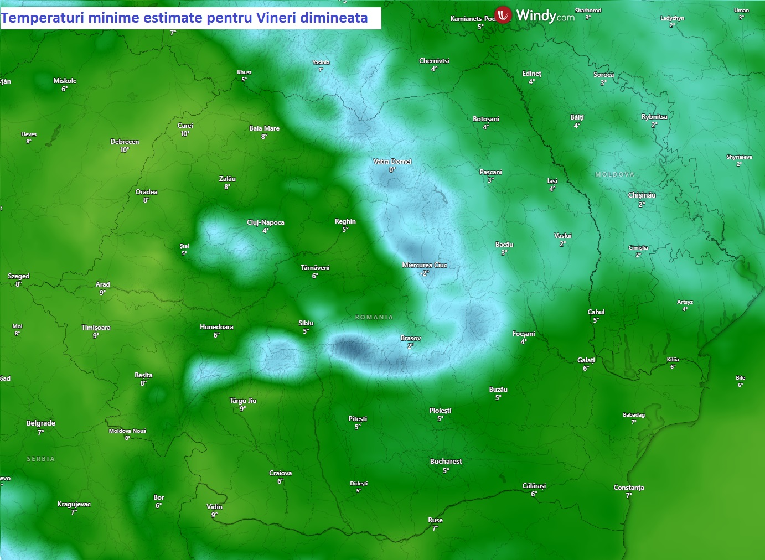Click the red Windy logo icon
click(x=503, y=15)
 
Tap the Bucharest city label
click(x=446, y=462)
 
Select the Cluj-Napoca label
click(x=266, y=222)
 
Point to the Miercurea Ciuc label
click(x=424, y=265)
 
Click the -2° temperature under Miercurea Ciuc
click(x=424, y=273)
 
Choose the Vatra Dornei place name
click(x=392, y=162)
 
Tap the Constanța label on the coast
click(x=628, y=488)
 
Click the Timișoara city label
click(x=96, y=328)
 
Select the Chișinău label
click(x=642, y=195)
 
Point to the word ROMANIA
click(x=374, y=317)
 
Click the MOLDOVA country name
click(x=614, y=174)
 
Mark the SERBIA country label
click(x=41, y=459)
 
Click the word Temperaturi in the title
click(x=42, y=18)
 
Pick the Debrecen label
click(x=125, y=142)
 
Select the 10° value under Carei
click(x=185, y=134)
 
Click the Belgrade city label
click(x=41, y=423)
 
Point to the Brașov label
click(x=411, y=338)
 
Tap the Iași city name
click(x=552, y=181)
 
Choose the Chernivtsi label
click(x=434, y=61)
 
